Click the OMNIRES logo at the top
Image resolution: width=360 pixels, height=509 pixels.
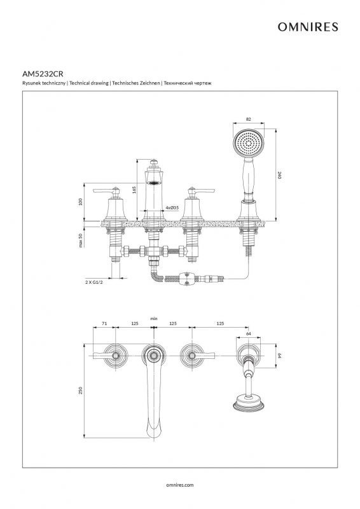pyautogui.click(x=308, y=27)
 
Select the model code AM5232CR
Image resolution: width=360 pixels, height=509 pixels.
pyautogui.click(x=43, y=74)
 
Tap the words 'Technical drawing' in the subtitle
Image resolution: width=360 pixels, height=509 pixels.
pyautogui.click(x=89, y=83)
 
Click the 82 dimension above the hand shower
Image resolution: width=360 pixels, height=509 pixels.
pyautogui.click(x=249, y=120)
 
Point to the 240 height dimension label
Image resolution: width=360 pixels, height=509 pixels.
pyautogui.click(x=279, y=176)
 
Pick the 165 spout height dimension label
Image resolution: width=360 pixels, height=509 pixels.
pyautogui.click(x=134, y=190)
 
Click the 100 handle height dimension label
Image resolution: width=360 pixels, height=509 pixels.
pyautogui.click(x=81, y=202)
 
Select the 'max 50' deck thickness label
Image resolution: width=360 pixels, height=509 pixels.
pyautogui.click(x=81, y=241)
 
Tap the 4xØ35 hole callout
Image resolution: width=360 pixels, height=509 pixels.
pyautogui.click(x=172, y=207)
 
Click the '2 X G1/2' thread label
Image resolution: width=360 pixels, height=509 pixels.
pyautogui.click(x=94, y=282)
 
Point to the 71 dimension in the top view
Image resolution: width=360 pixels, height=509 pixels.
pyautogui.click(x=104, y=323)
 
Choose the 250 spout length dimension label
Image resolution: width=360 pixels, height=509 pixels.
pyautogui.click(x=81, y=390)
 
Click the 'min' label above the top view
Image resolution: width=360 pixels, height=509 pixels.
pyautogui.click(x=154, y=319)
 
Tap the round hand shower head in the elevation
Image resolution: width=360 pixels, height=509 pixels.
pyautogui.click(x=249, y=143)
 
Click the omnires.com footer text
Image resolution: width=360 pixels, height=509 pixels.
pyautogui.click(x=179, y=485)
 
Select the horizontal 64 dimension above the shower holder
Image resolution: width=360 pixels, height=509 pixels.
pyautogui.click(x=249, y=333)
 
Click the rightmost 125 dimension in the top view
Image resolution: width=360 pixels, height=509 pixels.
pyautogui.click(x=220, y=323)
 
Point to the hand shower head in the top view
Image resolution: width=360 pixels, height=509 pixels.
pyautogui.click(x=249, y=403)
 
